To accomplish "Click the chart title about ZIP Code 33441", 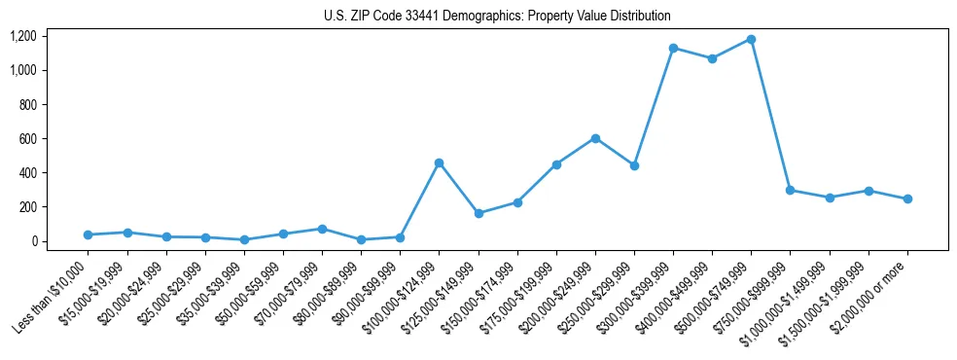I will pyautogui.click(x=497, y=16).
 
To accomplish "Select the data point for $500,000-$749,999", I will pyautogui.click(x=751, y=40).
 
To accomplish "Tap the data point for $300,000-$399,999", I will pyautogui.click(x=673, y=48).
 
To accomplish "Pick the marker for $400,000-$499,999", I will pyautogui.click(x=712, y=58).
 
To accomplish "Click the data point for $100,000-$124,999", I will pyautogui.click(x=439, y=162).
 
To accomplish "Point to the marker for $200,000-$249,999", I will pyautogui.click(x=595, y=138).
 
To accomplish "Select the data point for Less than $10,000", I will pyautogui.click(x=88, y=234).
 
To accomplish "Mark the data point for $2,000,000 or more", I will pyautogui.click(x=907, y=198).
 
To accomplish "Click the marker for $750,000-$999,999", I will pyautogui.click(x=790, y=190).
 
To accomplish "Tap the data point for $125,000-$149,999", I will pyautogui.click(x=478, y=213).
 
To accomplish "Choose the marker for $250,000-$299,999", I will pyautogui.click(x=634, y=165).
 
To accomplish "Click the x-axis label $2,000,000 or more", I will pyautogui.click(x=870, y=297).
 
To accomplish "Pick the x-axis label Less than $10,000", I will pyautogui.click(x=52, y=297).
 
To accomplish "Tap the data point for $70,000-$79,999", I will pyautogui.click(x=322, y=229).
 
